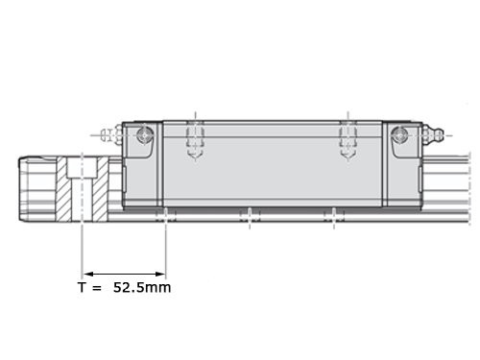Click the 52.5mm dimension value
[142, 287]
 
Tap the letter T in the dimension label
[82, 287]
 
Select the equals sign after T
[96, 288]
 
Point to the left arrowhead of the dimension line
[88, 274]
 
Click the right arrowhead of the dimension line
[160, 274]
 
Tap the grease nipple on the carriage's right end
[433, 135]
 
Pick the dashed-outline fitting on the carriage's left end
[110, 135]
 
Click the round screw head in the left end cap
[145, 135]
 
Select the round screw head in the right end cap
[399, 135]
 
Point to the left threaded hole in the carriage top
[196, 140]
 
